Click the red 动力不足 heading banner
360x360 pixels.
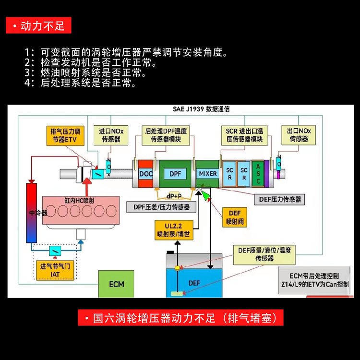coord(39,25)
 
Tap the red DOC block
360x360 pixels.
coord(145,174)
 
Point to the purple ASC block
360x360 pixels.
coord(258,173)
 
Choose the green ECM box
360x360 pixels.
coord(116,284)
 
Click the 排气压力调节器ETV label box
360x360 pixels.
coord(67,135)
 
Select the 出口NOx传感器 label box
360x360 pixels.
coord(299,135)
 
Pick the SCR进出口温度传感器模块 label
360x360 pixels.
coord(244,135)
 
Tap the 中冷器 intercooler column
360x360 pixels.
coord(32,211)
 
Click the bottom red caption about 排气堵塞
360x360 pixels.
coord(180,318)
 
